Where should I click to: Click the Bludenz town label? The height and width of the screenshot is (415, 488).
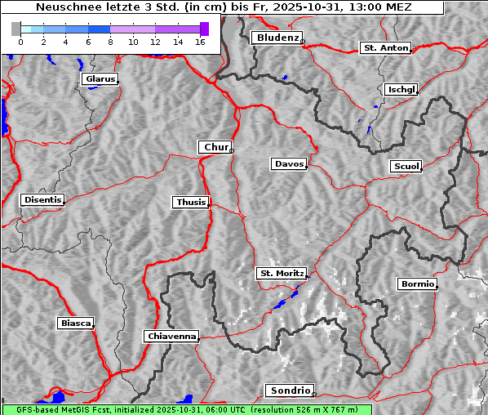tap(277, 38)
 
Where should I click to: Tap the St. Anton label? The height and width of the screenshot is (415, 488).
tap(385, 48)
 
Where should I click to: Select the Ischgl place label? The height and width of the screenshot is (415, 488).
tap(401, 89)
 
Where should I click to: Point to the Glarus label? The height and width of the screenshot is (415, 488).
tap(100, 79)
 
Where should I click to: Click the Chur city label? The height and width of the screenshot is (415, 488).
tap(215, 147)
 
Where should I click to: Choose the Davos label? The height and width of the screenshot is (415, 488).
tap(289, 164)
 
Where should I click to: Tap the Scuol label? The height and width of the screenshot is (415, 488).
tap(406, 167)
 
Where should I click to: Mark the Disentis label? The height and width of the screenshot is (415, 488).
tap(42, 199)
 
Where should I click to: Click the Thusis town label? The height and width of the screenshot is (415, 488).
tap(191, 202)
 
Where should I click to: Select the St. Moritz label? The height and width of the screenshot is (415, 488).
tap(282, 273)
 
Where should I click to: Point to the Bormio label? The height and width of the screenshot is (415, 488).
tap(417, 284)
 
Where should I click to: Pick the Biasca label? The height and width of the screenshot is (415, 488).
tap(76, 324)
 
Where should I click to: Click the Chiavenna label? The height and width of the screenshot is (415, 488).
tap(171, 336)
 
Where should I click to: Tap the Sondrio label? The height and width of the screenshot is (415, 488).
tap(289, 390)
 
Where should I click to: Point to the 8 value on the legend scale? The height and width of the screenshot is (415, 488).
tap(110, 42)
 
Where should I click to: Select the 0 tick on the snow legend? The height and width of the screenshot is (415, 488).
tap(20, 42)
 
